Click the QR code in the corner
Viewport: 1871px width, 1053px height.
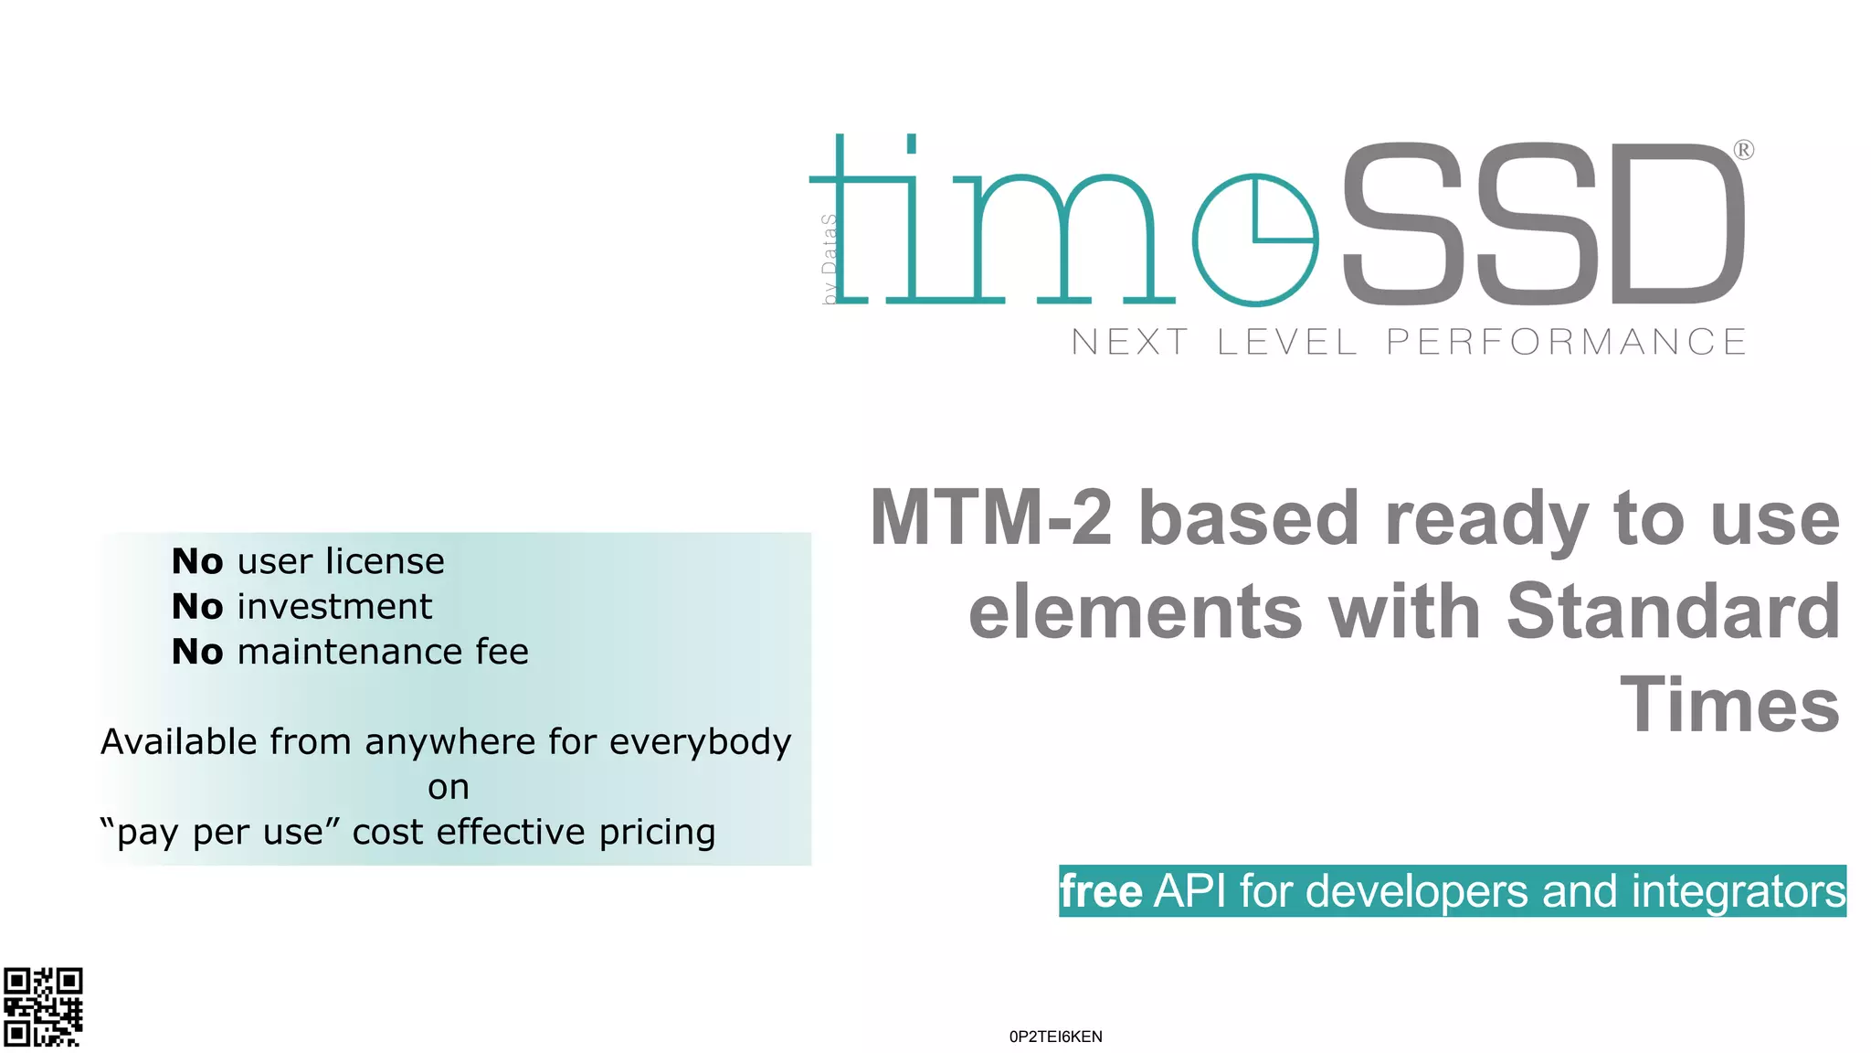tap(43, 1006)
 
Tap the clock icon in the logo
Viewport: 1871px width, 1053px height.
tap(1255, 239)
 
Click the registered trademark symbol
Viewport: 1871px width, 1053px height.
tap(1743, 150)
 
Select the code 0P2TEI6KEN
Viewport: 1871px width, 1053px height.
tap(1055, 1037)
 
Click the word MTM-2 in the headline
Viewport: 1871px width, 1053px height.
tap(991, 518)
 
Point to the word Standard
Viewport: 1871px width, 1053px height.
tap(1673, 612)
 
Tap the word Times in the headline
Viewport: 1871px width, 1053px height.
tap(1729, 705)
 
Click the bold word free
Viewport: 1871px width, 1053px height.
tap(1101, 891)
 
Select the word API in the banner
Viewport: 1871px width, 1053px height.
tap(1190, 891)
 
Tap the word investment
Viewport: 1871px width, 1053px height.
tap(334, 607)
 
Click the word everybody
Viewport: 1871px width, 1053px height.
tap(700, 742)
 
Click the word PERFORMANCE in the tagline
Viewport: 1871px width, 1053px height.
tap(1566, 342)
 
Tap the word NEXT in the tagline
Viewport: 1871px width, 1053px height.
tap(1129, 342)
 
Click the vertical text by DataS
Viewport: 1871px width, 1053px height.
tap(829, 259)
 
